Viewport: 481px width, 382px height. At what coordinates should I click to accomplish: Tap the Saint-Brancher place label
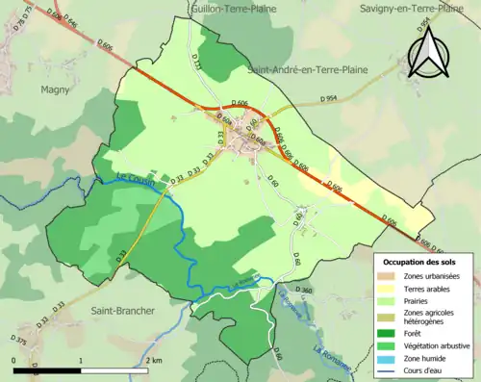click(119, 310)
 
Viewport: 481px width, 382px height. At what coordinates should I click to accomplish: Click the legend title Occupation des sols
click(421, 261)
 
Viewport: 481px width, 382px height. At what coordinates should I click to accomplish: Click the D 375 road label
click(19, 340)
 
